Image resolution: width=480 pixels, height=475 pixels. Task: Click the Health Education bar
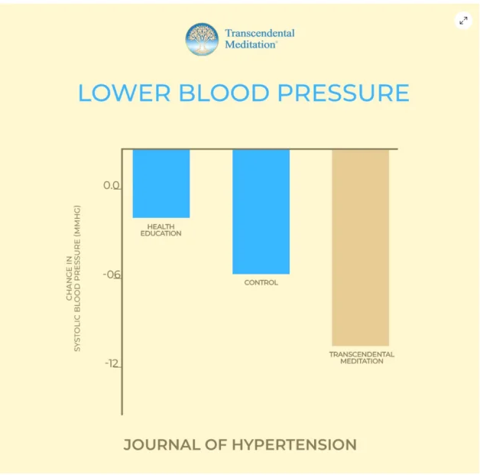coord(161,184)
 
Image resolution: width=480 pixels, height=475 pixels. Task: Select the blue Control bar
coord(261,211)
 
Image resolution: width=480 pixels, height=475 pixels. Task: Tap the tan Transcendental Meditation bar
coord(360,247)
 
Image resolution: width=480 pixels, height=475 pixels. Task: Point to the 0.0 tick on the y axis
coord(112,186)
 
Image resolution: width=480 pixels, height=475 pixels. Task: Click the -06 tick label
coord(112,275)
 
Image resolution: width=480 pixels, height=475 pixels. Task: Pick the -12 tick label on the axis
coord(112,363)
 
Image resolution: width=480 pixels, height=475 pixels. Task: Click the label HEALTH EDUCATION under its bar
coord(161,229)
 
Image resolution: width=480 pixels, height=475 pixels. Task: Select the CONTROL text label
coord(261,283)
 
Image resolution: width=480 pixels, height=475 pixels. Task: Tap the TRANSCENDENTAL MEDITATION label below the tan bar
coord(362,358)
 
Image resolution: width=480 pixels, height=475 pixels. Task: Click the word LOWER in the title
coord(124,93)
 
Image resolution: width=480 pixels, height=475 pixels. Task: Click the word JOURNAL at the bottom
coord(161,444)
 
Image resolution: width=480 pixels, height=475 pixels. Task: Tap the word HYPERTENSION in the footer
coord(297,444)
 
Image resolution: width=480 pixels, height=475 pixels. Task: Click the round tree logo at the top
coord(202,39)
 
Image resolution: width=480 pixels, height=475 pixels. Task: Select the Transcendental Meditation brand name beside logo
coord(259,39)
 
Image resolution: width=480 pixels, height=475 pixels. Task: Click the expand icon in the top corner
coord(463,21)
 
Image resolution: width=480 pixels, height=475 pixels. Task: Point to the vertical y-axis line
coord(122,306)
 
